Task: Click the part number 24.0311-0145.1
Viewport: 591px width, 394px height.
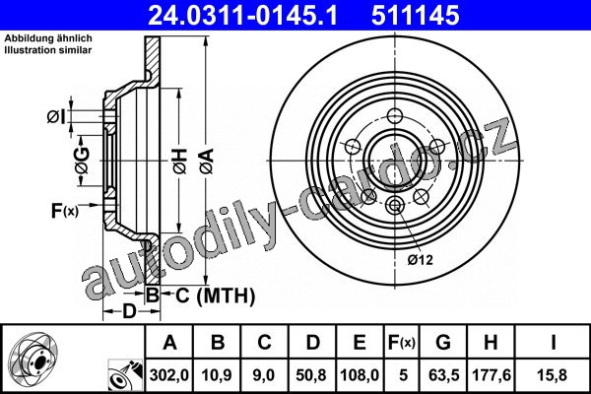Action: coord(242,16)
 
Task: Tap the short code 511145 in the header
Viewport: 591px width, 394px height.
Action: coord(416,16)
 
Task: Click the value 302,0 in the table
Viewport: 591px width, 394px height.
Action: coord(169,375)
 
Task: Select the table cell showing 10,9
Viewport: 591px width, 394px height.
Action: coord(217,375)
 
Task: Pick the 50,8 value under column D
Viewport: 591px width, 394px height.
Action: coord(311,375)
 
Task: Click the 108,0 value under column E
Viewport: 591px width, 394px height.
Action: coord(360,375)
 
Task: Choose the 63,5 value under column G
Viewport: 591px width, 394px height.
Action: coord(443,375)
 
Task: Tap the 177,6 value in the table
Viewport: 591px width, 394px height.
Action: coord(492,375)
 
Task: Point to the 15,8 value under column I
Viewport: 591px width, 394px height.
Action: coord(553,375)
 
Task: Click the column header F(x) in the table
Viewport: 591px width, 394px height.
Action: coord(402,343)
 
